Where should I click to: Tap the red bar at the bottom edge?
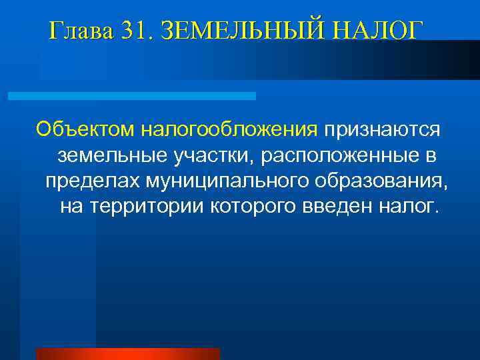pos(127,354)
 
